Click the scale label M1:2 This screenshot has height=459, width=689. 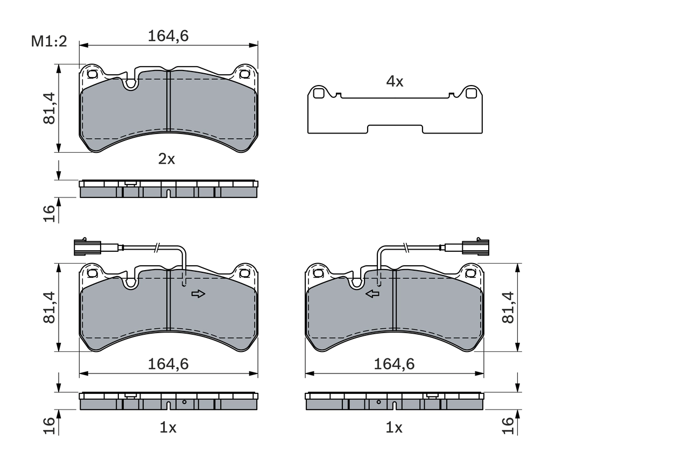pos(48,41)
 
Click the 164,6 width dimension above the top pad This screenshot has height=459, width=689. pos(168,36)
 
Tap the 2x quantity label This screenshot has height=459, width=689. pos(166,159)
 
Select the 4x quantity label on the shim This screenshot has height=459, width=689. pos(395,82)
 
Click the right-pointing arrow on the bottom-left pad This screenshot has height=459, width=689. pos(199,294)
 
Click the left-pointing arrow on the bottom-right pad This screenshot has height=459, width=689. pos(372,294)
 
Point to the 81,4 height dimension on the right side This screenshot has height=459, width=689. pos(508,307)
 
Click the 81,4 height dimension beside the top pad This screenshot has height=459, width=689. pos(49,108)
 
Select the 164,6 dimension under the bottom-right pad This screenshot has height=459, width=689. pos(395,364)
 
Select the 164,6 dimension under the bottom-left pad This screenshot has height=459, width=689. pos(168,364)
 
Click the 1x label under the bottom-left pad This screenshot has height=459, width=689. pos(168,428)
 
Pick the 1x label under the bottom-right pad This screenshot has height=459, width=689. pos(394,428)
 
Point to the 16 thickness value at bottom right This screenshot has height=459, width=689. pos(508,426)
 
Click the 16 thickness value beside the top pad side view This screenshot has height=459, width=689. pos(49,213)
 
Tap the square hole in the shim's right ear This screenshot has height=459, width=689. pos(472,94)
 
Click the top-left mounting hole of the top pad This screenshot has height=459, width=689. pos(92,74)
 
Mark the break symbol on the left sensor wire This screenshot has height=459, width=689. pos(156,248)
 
